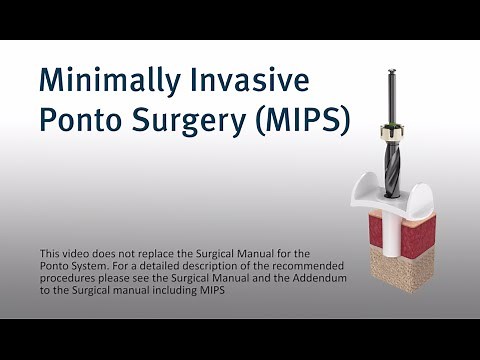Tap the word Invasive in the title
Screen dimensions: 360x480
pos(249,80)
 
